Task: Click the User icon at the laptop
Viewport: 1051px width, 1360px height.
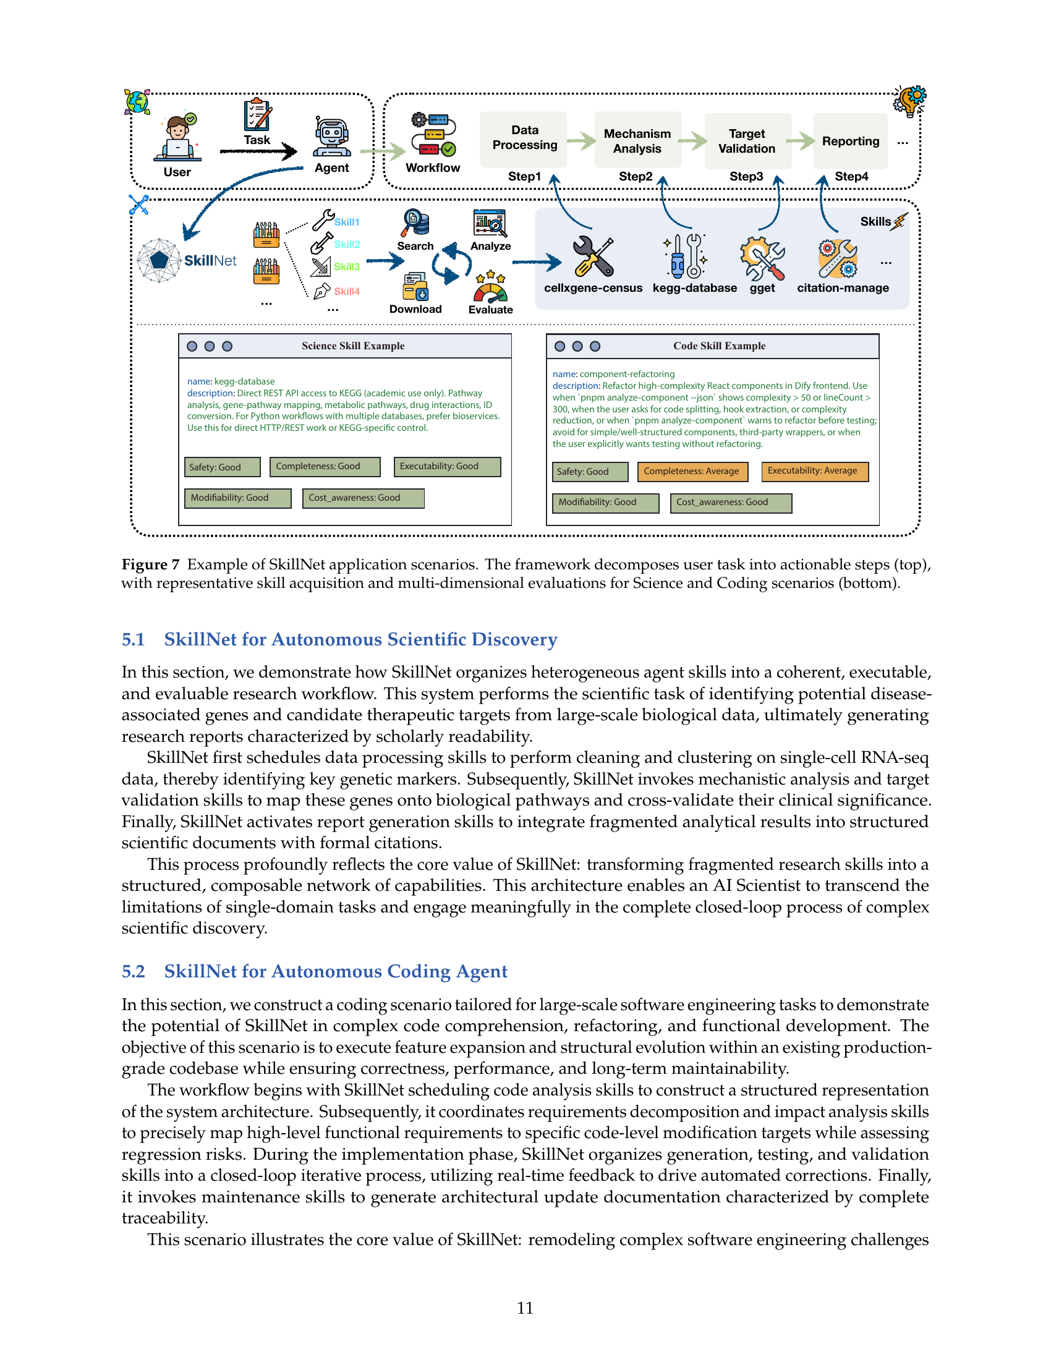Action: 177,138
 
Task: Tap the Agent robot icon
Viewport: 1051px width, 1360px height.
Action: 331,137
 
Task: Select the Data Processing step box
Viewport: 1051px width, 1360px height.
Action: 524,139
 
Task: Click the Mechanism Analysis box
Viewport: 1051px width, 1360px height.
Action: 637,140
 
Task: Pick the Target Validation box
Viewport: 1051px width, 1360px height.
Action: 748,141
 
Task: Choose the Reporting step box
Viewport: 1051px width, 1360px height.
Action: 851,141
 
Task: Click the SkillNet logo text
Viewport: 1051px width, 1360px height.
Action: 210,260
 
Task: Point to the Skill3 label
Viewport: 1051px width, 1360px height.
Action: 347,266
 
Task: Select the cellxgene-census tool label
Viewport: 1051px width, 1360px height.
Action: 594,287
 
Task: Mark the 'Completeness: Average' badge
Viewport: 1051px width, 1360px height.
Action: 692,472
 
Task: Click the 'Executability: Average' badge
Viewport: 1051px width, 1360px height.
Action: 814,471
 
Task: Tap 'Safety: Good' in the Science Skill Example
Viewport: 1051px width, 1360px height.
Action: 223,467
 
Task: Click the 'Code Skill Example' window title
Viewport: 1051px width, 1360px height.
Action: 719,346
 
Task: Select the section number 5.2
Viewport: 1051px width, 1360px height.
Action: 134,971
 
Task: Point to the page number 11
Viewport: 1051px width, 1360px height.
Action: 525,1307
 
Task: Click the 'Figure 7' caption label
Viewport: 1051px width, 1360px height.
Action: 150,564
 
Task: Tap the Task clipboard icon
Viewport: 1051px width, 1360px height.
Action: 257,114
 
